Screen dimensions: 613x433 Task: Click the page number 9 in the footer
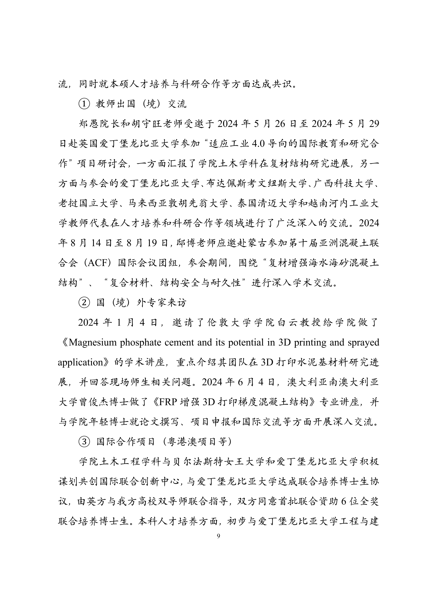[218, 536]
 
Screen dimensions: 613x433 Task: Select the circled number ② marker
[84, 302]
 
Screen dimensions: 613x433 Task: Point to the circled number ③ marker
[84, 442]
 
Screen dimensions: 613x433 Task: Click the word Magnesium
[93, 342]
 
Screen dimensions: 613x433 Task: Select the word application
[80, 362]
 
